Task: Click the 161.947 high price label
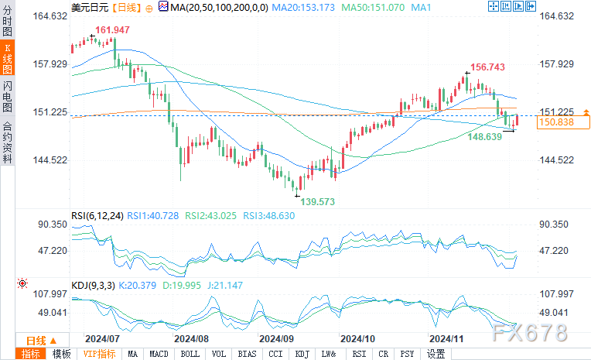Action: [111, 30]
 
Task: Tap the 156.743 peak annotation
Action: [489, 67]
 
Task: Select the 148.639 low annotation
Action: [486, 136]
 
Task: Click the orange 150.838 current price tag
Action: [557, 122]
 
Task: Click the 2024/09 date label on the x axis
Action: [276, 339]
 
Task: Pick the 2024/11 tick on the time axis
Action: [446, 339]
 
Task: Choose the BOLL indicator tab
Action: [190, 354]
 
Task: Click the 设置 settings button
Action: [436, 354]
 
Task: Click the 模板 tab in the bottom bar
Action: [61, 354]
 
